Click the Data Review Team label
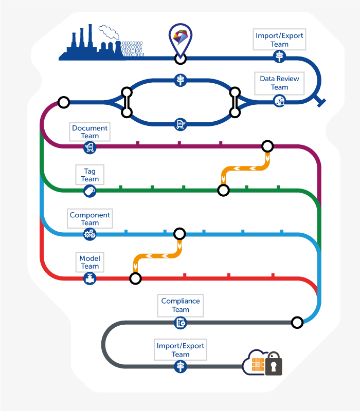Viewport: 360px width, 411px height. coord(279,83)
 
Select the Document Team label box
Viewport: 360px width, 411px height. coord(89,132)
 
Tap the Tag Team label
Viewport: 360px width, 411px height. coord(89,175)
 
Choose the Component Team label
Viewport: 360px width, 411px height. coord(89,219)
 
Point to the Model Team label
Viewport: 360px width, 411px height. coord(89,262)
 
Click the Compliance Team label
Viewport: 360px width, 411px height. coord(181,305)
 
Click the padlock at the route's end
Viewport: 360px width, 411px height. coord(274,364)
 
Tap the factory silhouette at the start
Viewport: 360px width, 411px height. coord(91,43)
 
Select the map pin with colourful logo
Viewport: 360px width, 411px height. coord(181,40)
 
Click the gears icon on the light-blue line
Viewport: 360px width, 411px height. coord(89,234)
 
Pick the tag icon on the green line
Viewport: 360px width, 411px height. coord(89,191)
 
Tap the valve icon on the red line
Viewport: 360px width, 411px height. coord(89,278)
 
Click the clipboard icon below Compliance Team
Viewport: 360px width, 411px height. coord(181,323)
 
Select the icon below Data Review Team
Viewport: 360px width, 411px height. coord(279,101)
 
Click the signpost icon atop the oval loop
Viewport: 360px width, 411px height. coord(181,80)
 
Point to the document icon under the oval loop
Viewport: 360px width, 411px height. coord(181,124)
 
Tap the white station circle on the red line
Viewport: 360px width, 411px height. coord(135,278)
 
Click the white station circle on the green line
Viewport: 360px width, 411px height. coord(224,190)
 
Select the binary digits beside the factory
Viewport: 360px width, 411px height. coord(133,49)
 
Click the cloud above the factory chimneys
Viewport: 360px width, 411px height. coord(109,32)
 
